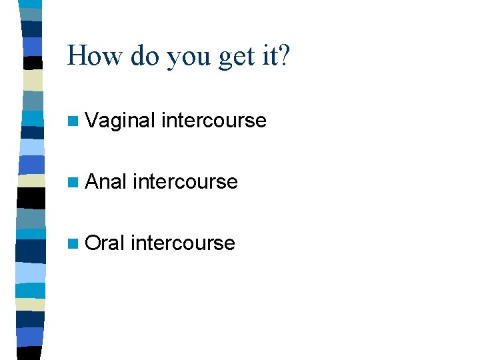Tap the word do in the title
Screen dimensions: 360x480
pyautogui.click(x=145, y=56)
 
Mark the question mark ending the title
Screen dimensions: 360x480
pyautogui.click(x=286, y=56)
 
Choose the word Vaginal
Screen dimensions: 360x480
pyautogui.click(x=121, y=121)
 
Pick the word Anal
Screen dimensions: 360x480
pyautogui.click(x=106, y=182)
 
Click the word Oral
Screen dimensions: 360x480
pyautogui.click(x=105, y=243)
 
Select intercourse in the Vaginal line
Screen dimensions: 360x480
pyautogui.click(x=214, y=121)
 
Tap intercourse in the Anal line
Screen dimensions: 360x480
pyautogui.click(x=185, y=182)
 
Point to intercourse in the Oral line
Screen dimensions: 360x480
pyautogui.click(x=183, y=243)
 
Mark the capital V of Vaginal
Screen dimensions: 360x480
pyautogui.click(x=93, y=121)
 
